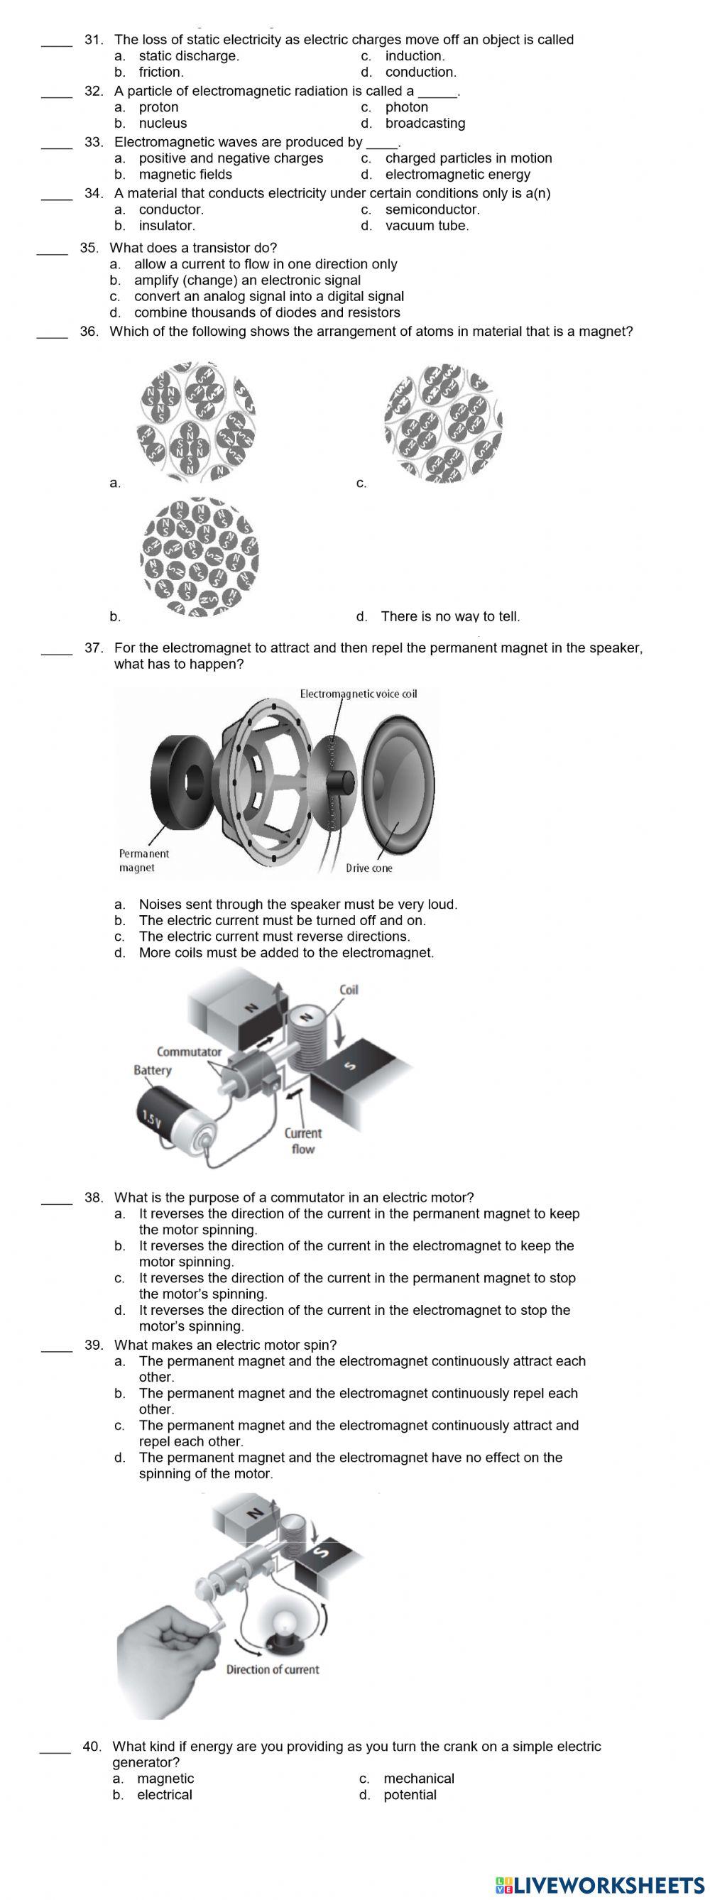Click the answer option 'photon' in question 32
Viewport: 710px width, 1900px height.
click(x=406, y=107)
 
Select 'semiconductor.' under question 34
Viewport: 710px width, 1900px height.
click(x=432, y=209)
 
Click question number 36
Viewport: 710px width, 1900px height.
click(x=89, y=332)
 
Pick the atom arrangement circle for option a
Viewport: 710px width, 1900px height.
click(x=197, y=421)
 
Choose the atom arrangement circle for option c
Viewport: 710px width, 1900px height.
click(x=443, y=422)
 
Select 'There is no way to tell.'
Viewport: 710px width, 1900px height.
click(x=449, y=616)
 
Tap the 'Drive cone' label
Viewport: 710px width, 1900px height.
click(x=368, y=868)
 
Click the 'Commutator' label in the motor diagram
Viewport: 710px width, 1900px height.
click(x=189, y=1051)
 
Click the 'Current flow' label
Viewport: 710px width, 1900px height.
click(x=303, y=1141)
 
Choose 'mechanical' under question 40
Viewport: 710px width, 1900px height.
click(x=419, y=1779)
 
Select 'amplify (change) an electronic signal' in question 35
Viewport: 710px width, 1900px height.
click(x=247, y=280)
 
